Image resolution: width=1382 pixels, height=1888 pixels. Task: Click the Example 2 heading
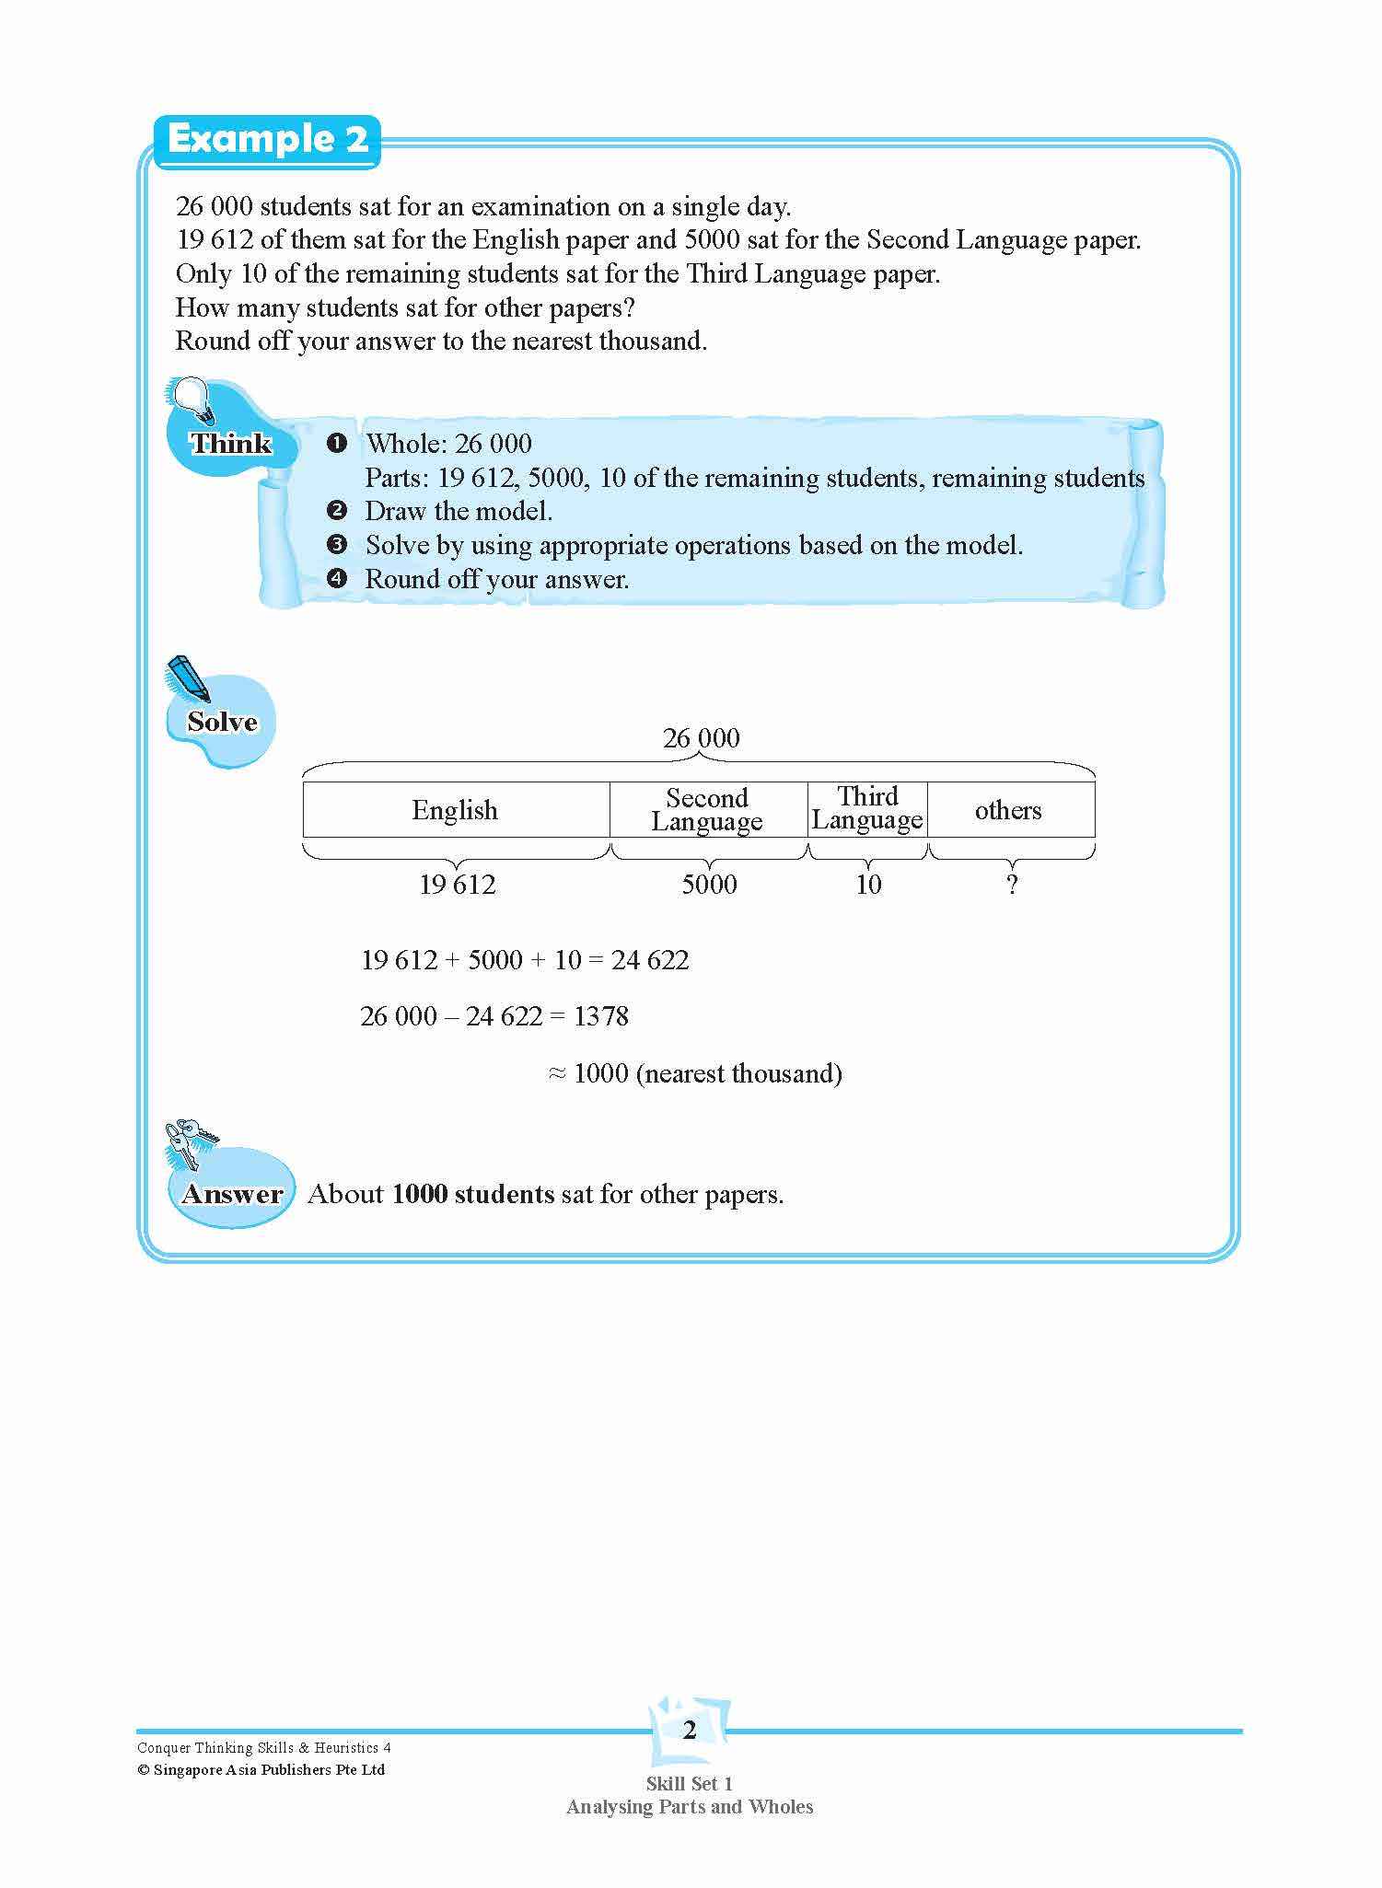pos(267,140)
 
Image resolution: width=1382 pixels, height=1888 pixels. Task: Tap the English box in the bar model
pos(455,809)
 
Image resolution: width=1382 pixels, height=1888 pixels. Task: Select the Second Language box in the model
pos(707,809)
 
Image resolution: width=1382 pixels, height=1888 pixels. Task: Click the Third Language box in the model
pos(867,808)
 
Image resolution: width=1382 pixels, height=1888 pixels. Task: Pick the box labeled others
pos(1009,809)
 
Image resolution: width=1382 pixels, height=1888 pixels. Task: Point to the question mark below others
pos(1012,885)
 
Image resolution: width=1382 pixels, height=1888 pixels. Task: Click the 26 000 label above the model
pos(701,738)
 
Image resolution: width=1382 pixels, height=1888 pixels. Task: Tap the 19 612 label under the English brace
pos(457,885)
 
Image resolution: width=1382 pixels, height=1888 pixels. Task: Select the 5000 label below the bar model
pos(709,885)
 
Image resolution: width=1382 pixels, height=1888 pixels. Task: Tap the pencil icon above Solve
pos(187,678)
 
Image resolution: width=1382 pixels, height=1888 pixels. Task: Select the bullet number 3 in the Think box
pos(337,545)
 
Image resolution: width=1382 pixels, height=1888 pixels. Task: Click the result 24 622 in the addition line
pos(650,960)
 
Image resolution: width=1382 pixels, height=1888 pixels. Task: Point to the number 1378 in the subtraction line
pos(600,1016)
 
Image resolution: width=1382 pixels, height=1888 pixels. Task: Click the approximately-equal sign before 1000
pos(556,1073)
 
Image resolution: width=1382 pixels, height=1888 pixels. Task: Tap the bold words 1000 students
pos(472,1194)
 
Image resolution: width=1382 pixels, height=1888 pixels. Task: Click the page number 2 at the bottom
pos(690,1731)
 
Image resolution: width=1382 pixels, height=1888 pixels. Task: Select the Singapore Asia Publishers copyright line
pos(261,1769)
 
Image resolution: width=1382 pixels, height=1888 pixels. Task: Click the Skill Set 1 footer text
pos(689,1783)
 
